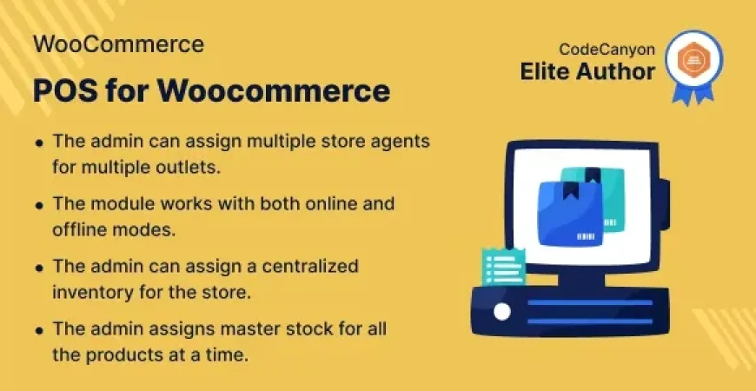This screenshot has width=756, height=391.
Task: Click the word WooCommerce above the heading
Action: (x=119, y=44)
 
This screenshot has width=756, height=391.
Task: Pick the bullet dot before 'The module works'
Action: (x=40, y=206)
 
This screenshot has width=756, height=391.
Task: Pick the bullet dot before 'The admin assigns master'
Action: (x=40, y=331)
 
